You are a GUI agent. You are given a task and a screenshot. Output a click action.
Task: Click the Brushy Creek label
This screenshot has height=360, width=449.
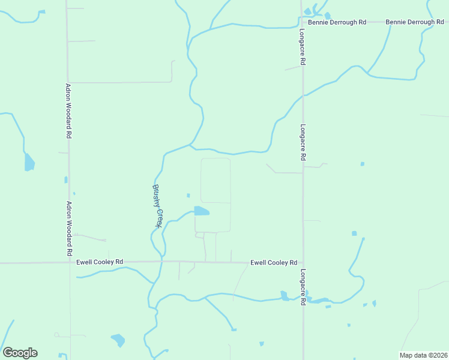click(157, 206)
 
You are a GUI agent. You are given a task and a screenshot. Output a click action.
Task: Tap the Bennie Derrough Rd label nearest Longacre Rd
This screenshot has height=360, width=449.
click(337, 22)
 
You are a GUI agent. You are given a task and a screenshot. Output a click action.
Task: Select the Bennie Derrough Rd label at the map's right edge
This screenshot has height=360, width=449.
click(414, 22)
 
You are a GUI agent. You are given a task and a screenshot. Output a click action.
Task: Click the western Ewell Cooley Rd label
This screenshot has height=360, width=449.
click(100, 262)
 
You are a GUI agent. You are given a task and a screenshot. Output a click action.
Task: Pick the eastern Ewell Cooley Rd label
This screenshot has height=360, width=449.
click(274, 263)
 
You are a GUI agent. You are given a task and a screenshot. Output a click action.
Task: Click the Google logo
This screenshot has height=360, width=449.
click(20, 353)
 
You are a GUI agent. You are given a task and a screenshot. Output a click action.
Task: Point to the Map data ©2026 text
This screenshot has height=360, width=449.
click(423, 355)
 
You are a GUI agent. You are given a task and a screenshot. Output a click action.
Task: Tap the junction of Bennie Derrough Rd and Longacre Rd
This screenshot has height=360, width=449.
click(301, 22)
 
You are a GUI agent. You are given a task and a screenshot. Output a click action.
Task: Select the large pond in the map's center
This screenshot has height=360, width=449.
click(201, 211)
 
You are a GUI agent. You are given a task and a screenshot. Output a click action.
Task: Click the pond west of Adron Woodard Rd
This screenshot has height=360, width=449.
click(29, 162)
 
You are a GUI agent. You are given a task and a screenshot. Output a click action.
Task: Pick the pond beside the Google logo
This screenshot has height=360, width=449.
click(118, 340)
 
